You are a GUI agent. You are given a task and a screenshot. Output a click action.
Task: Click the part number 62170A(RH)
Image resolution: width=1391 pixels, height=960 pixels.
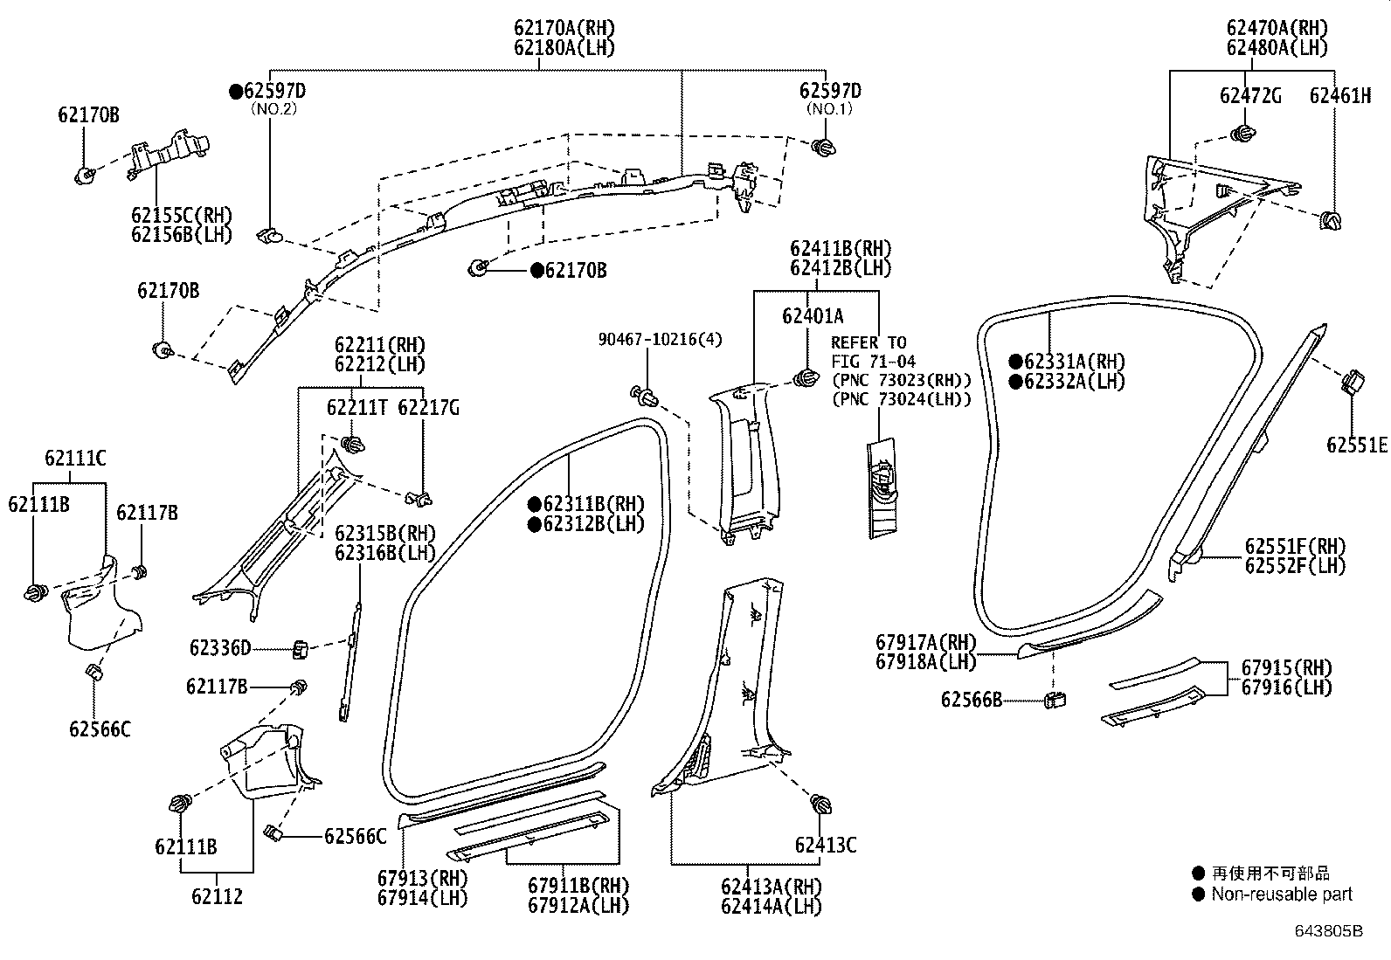tap(564, 28)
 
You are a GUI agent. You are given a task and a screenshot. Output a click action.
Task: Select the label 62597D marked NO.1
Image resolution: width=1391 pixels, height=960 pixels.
tap(829, 91)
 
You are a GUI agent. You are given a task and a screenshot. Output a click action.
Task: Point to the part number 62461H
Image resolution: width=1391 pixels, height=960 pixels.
tap(1339, 96)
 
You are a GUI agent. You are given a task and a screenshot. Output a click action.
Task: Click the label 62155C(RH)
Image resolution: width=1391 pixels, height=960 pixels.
tap(182, 216)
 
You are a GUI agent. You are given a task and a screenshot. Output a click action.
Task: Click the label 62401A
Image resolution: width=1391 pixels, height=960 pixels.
tap(813, 316)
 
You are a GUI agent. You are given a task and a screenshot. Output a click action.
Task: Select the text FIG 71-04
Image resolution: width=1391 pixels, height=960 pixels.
tap(873, 361)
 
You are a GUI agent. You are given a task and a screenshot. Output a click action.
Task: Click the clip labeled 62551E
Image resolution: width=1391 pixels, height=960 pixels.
tap(1351, 382)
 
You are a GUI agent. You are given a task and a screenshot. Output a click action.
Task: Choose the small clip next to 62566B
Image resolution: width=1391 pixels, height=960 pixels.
tap(1055, 699)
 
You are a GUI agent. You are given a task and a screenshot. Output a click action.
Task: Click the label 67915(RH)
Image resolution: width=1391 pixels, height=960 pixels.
tap(1286, 668)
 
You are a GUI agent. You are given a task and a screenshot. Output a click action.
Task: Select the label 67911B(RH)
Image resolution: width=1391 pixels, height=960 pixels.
tap(578, 886)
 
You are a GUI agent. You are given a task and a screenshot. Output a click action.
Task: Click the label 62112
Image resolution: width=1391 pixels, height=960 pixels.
tap(217, 896)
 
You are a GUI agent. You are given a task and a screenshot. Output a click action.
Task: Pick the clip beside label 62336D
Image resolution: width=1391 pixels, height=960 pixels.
tap(300, 649)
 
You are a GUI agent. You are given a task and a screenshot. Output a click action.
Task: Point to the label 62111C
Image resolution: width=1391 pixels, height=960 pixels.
tap(75, 459)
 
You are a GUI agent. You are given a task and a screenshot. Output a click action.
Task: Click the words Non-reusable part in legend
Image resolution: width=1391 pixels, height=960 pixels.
tap(1281, 894)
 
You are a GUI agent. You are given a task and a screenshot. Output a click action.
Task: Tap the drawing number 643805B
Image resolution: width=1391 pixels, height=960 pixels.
tap(1328, 931)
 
